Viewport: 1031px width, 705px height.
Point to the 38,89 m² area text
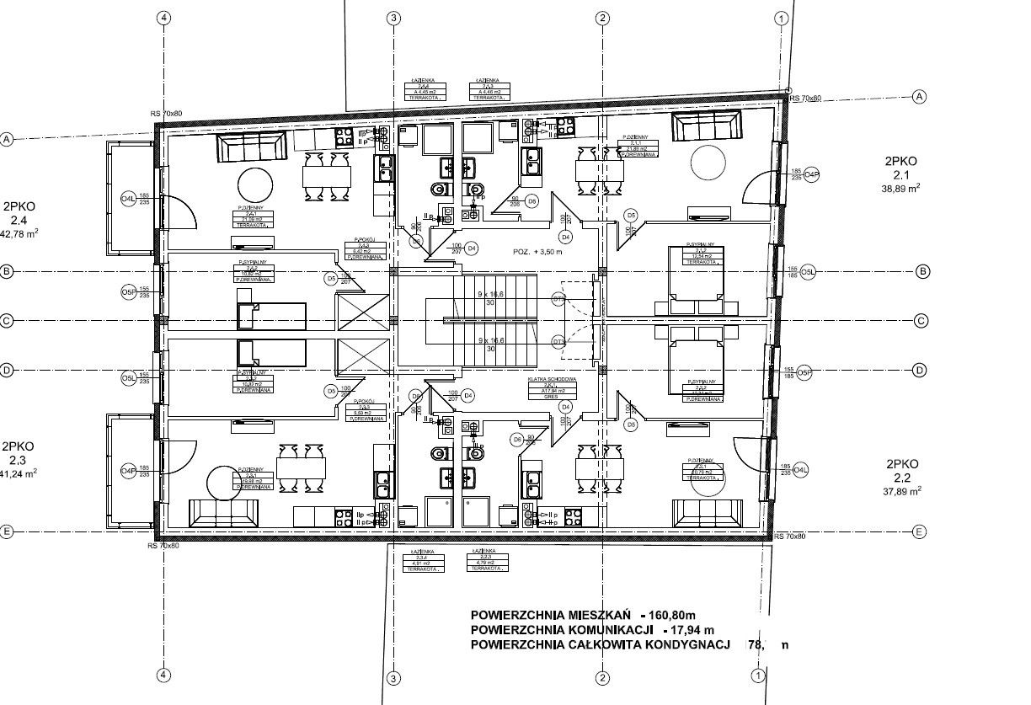click(x=900, y=190)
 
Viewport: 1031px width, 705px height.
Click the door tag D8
click(x=532, y=201)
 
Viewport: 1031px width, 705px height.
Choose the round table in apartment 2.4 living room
click(x=254, y=184)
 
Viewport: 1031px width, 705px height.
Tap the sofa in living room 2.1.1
click(x=707, y=127)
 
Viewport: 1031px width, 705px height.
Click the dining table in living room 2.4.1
click(x=327, y=176)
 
